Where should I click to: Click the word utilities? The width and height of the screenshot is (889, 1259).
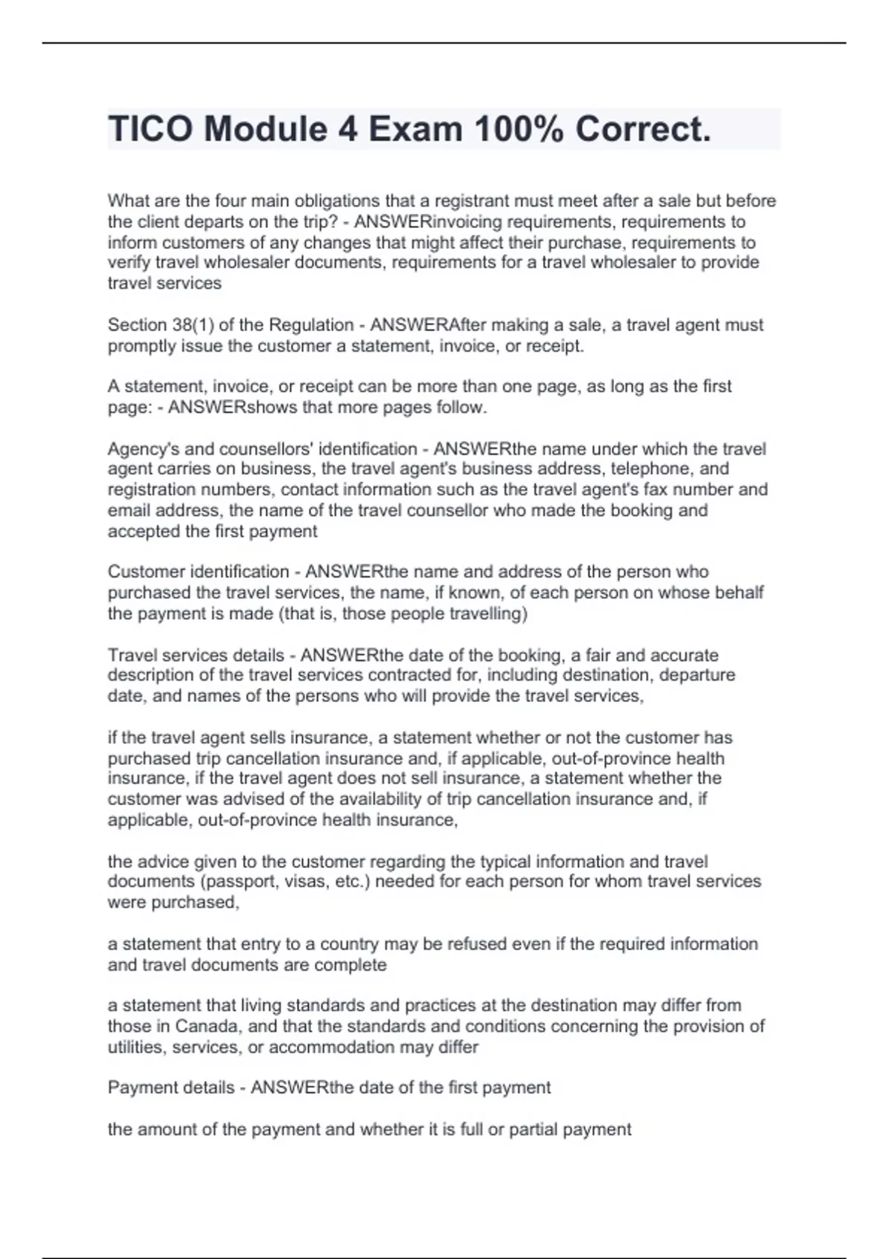click(x=137, y=1047)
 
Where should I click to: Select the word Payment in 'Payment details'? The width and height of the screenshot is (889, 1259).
click(x=139, y=1087)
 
